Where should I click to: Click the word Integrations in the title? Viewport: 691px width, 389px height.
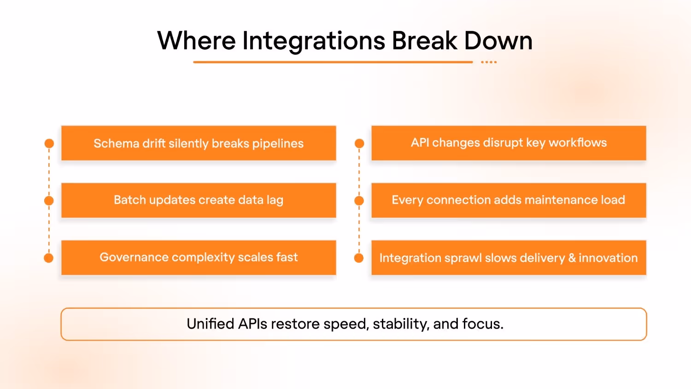(314, 41)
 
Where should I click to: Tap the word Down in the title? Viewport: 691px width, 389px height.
(498, 41)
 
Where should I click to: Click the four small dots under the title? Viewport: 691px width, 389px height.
(489, 62)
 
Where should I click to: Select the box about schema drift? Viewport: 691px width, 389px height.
(199, 143)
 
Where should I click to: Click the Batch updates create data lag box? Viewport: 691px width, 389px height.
(199, 200)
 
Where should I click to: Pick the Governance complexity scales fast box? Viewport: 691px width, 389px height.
(199, 258)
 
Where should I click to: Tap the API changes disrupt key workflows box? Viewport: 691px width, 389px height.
(509, 143)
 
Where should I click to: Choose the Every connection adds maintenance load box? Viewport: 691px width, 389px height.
(509, 200)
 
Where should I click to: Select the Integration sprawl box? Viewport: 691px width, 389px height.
(509, 258)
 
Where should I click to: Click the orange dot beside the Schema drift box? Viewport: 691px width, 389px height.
(49, 144)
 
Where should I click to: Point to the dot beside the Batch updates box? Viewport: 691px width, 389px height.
(49, 201)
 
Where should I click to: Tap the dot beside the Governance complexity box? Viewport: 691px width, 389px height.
(49, 258)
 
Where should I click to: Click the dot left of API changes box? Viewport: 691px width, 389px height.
(359, 144)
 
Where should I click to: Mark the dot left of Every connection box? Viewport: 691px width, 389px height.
(359, 201)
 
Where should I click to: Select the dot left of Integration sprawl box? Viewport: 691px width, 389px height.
(359, 258)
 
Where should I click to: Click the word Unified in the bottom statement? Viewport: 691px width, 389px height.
(211, 324)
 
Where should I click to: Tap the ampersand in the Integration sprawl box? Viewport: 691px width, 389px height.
(572, 258)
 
